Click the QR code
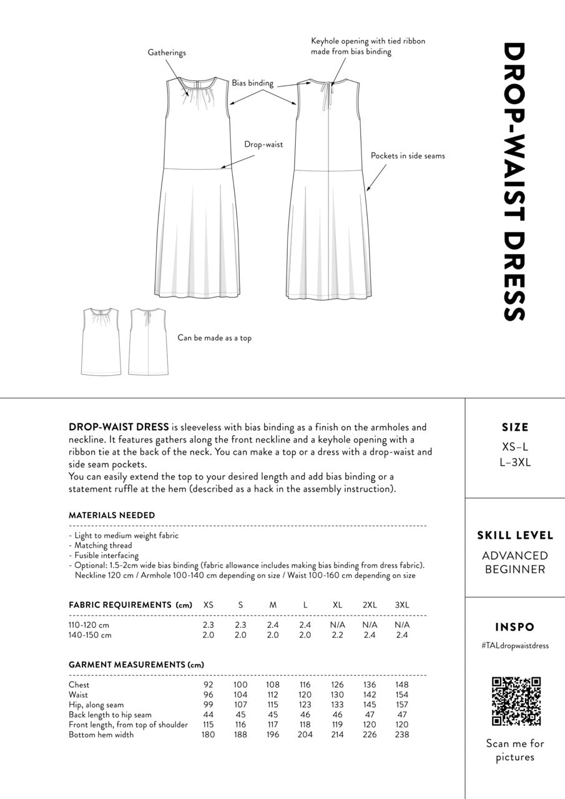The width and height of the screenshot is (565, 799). (x=516, y=701)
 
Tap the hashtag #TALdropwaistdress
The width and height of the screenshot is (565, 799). (x=515, y=645)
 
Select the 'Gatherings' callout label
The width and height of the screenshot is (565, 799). (x=167, y=53)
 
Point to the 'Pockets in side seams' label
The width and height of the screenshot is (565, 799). (x=408, y=155)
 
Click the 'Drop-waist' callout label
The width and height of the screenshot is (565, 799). (x=263, y=144)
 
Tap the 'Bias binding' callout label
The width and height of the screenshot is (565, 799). (x=253, y=83)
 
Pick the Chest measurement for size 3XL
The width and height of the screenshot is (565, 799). (x=402, y=685)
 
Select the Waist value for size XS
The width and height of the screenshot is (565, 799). (x=208, y=695)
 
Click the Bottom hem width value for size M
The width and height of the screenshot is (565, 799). (x=273, y=735)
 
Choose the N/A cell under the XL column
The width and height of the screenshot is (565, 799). (x=338, y=625)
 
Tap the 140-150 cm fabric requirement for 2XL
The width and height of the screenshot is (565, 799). (x=370, y=635)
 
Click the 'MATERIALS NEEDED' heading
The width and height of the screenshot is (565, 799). (x=112, y=516)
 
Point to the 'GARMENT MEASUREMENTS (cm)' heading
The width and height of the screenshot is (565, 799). (x=136, y=665)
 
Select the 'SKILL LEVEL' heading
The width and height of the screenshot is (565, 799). (x=515, y=536)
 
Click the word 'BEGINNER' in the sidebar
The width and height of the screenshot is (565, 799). (x=515, y=569)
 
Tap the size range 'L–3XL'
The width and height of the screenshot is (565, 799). (x=515, y=463)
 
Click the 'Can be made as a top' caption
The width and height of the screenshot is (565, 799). (x=214, y=338)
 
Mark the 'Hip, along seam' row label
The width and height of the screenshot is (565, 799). (x=96, y=705)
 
